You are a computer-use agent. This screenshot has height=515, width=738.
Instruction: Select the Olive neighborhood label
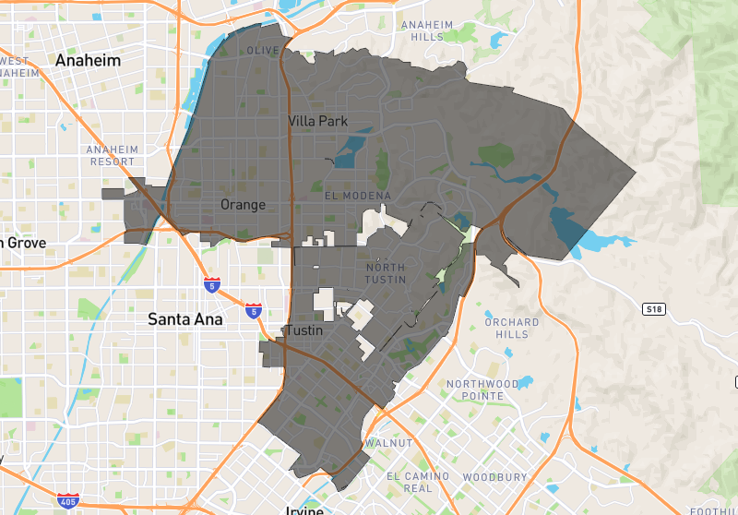(x=263, y=50)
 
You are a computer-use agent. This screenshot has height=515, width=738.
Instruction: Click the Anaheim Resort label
(x=112, y=155)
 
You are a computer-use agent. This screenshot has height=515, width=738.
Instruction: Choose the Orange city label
(x=243, y=204)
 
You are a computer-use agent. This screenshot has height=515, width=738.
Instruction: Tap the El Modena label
(x=358, y=196)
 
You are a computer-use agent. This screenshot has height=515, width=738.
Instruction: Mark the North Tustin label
(x=385, y=273)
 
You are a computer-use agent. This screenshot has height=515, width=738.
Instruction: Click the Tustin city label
(x=304, y=330)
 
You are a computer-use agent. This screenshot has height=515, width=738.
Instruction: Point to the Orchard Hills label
(x=512, y=328)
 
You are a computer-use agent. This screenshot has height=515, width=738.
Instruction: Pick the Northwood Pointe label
(x=482, y=389)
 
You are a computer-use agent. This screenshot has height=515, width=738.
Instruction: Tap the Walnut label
(x=388, y=443)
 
